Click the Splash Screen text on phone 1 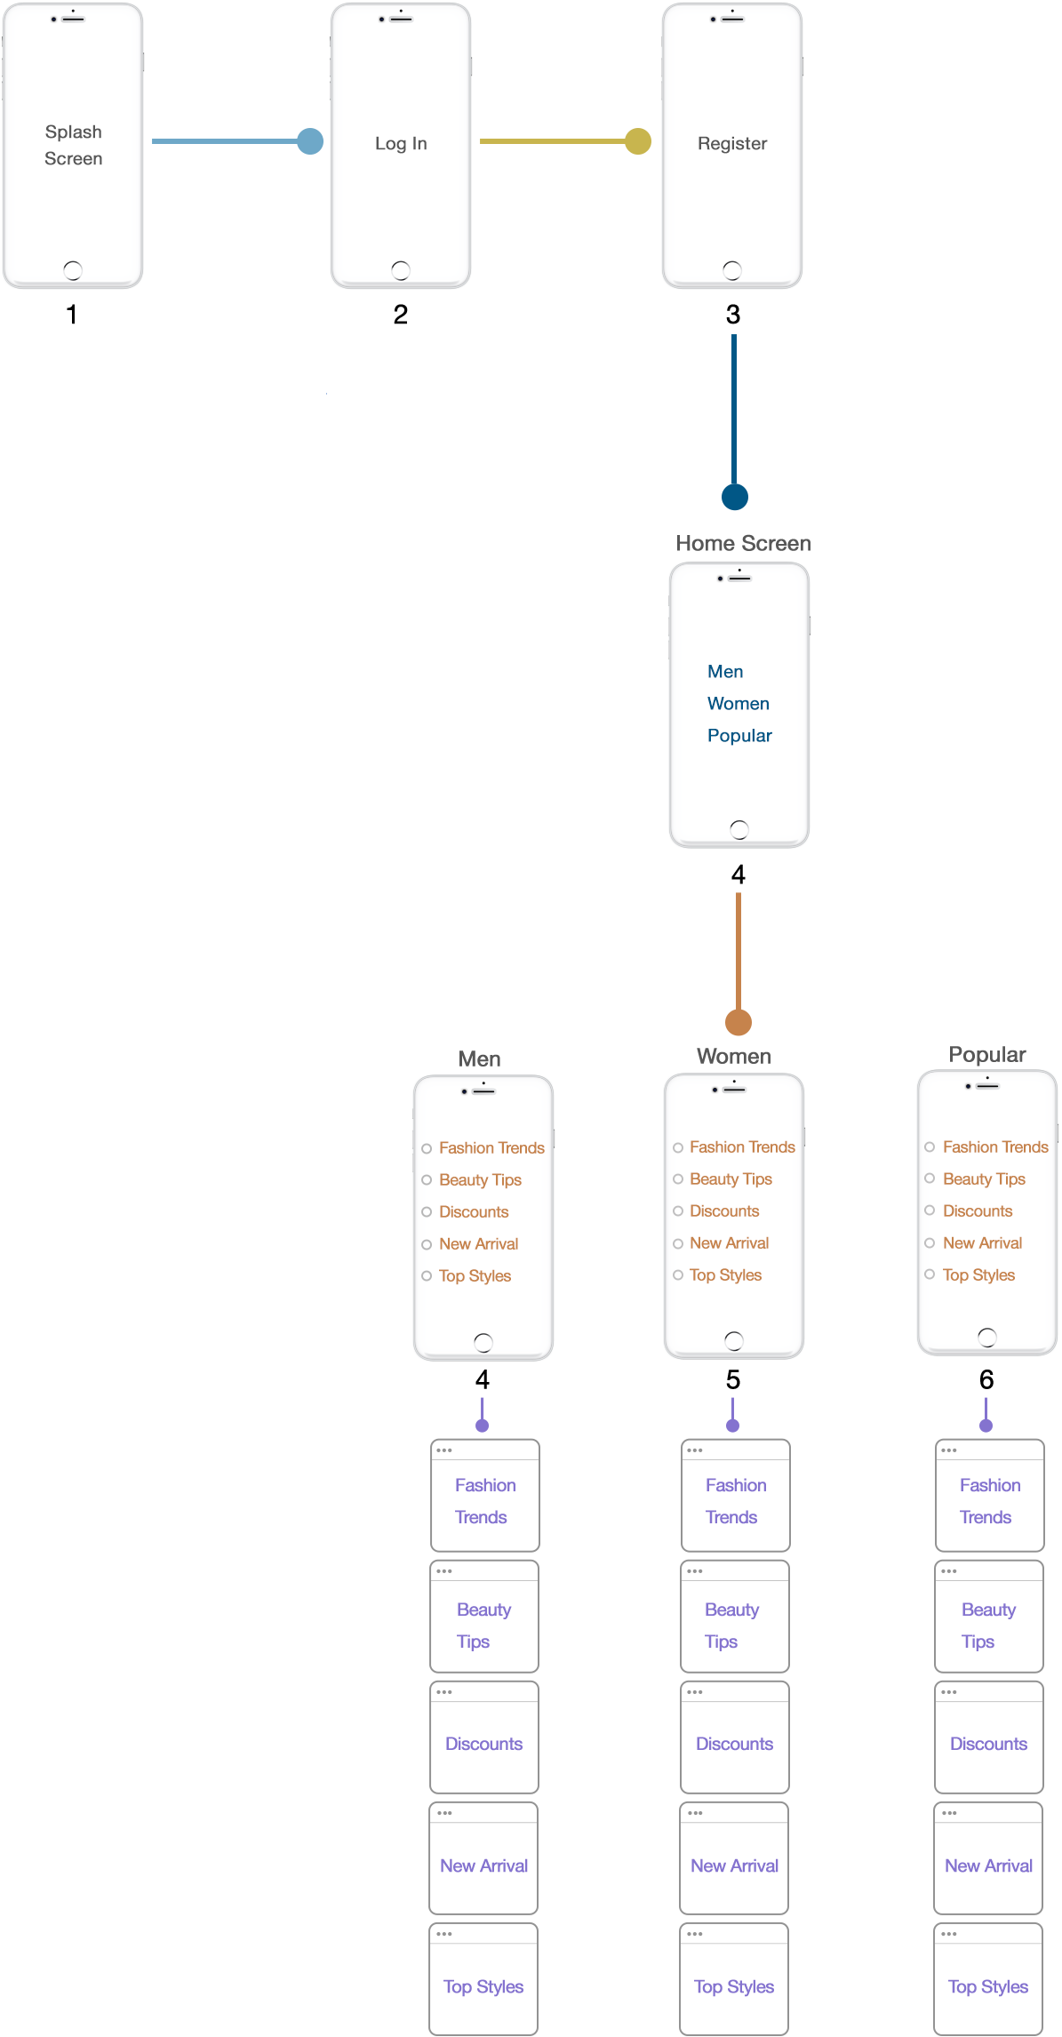pyautogui.click(x=74, y=145)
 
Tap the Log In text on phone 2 pyautogui.click(x=401, y=143)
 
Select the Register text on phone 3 pyautogui.click(x=731, y=143)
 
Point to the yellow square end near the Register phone pyautogui.click(x=637, y=141)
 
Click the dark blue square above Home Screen pyautogui.click(x=734, y=497)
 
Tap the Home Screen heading pyautogui.click(x=743, y=543)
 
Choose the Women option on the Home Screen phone pyautogui.click(x=738, y=703)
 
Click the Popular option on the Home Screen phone pyautogui.click(x=739, y=735)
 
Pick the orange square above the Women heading pyautogui.click(x=738, y=1022)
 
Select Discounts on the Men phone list pyautogui.click(x=474, y=1211)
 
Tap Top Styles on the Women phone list pyautogui.click(x=725, y=1274)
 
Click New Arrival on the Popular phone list pyautogui.click(x=982, y=1242)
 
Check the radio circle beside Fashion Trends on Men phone pyautogui.click(x=427, y=1148)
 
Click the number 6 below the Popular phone pyautogui.click(x=986, y=1379)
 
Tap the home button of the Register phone pyautogui.click(x=731, y=269)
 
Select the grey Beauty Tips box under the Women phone pyautogui.click(x=735, y=1617)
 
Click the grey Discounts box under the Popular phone pyautogui.click(x=989, y=1737)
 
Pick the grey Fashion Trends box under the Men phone pyautogui.click(x=485, y=1495)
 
